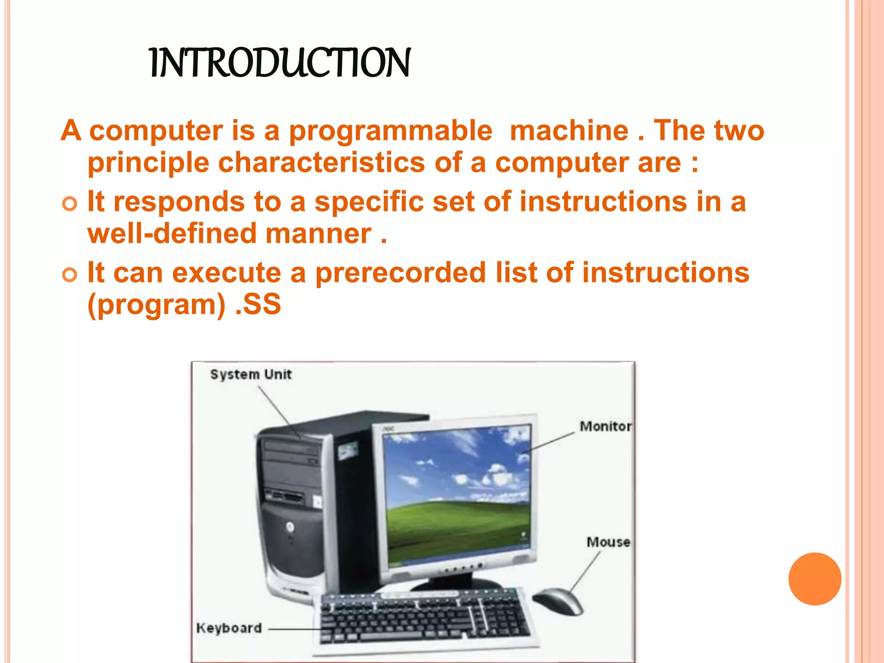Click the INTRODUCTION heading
280,63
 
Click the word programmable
390,131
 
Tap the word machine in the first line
569,131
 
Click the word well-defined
172,234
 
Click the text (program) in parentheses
156,305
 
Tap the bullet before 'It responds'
69,203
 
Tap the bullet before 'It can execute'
69,275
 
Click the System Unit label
251,374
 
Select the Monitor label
605,426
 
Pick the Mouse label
608,542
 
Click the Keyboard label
229,628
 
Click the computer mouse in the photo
558,600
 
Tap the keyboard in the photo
425,617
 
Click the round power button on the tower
290,527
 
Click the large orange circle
815,579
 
